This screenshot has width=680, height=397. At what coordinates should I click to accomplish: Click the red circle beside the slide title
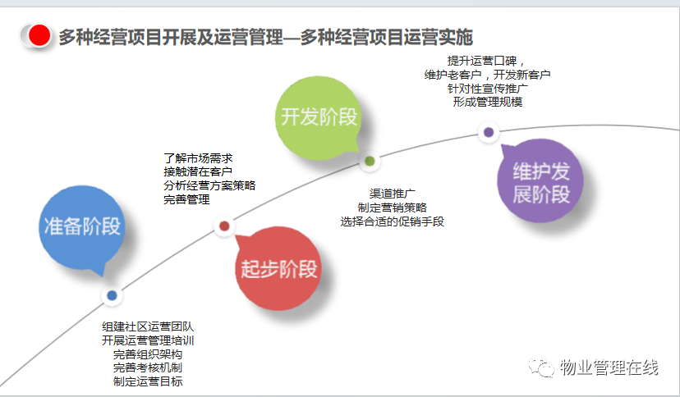(x=39, y=35)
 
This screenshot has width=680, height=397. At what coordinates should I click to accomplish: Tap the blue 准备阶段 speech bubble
(x=82, y=228)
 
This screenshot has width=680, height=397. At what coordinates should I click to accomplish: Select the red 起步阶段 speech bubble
(x=278, y=268)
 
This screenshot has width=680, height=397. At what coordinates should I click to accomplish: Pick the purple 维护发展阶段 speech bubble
(x=540, y=181)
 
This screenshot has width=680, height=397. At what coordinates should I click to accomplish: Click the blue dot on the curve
(x=112, y=295)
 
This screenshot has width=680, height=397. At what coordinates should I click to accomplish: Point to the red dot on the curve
(x=224, y=226)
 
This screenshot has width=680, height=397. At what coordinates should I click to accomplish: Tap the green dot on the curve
(x=370, y=161)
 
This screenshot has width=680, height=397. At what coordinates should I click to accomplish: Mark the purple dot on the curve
(x=489, y=132)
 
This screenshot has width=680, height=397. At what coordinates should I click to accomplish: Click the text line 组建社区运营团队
(x=148, y=326)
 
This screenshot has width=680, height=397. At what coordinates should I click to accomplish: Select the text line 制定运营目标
(x=148, y=381)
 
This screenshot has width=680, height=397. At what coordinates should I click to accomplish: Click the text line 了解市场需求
(x=198, y=158)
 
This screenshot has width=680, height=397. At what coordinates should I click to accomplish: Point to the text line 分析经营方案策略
(x=209, y=185)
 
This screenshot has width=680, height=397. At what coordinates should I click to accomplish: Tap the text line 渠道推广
(x=392, y=194)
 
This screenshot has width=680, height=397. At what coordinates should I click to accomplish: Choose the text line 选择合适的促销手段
(x=392, y=221)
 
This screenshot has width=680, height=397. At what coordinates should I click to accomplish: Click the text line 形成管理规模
(x=488, y=102)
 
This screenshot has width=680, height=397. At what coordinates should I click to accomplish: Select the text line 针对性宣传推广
(x=488, y=89)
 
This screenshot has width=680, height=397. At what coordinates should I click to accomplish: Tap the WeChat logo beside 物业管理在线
(x=541, y=367)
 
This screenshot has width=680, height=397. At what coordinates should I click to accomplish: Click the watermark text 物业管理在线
(x=609, y=367)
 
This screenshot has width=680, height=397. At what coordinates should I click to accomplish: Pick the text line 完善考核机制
(x=148, y=367)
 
